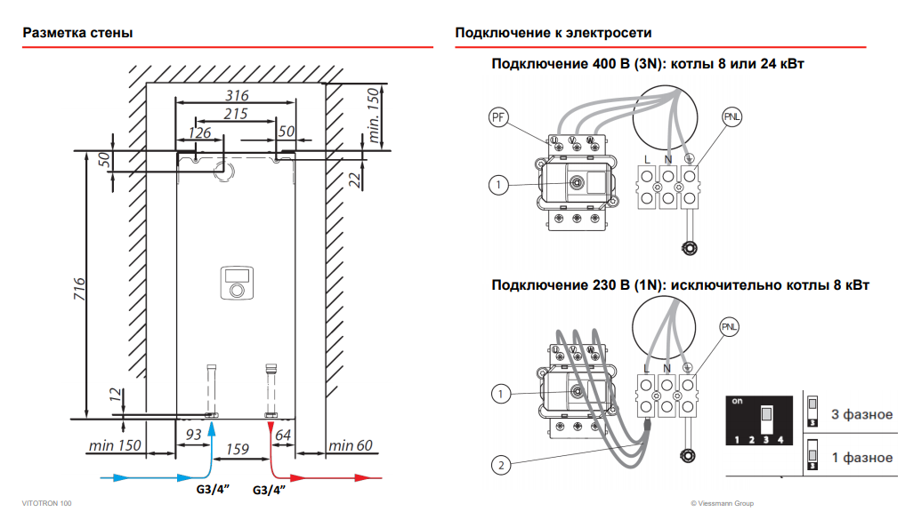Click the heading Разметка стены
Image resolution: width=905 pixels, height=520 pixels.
78,33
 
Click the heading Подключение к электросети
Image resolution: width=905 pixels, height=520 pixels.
554,33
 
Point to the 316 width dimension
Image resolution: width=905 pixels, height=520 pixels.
237,95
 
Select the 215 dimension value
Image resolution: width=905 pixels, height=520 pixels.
236,114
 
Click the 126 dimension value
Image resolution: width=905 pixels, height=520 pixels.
199,132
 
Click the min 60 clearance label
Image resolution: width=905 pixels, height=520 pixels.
350,444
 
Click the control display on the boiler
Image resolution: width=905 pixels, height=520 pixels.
236,274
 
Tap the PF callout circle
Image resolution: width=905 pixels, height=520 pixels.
498,116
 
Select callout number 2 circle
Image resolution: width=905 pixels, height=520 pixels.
500,463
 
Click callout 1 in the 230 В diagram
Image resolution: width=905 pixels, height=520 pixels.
500,393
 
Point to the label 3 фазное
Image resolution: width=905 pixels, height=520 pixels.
861,414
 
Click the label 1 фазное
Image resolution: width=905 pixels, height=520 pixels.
861,458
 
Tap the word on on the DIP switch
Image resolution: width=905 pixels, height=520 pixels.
737,401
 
